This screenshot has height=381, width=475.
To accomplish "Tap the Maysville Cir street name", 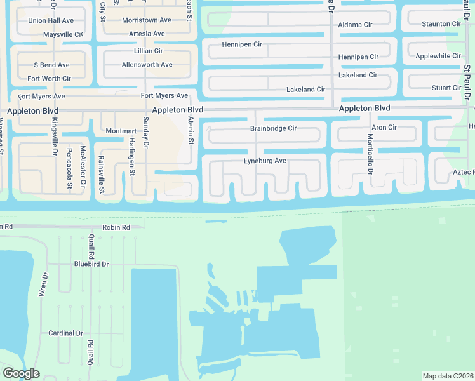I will click(63, 34).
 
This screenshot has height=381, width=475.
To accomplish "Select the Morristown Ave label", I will click(147, 20).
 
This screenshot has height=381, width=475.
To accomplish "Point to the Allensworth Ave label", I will click(147, 65).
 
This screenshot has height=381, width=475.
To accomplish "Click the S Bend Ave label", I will click(52, 65).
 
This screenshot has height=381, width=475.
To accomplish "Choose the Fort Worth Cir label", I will click(49, 79).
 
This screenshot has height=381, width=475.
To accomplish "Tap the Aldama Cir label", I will click(355, 25).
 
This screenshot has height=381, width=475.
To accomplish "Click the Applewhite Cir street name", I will click(438, 56).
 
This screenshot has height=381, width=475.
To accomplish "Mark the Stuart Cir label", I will click(446, 88).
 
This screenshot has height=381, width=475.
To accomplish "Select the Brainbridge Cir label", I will click(273, 128).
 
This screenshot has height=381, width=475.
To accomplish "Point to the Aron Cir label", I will click(384, 128).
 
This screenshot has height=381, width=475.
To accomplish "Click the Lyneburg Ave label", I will click(265, 161).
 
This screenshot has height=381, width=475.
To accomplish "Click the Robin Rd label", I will click(116, 227).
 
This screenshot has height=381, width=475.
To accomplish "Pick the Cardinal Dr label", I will click(66, 333).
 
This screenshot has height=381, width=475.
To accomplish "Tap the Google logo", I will click(21, 373).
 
